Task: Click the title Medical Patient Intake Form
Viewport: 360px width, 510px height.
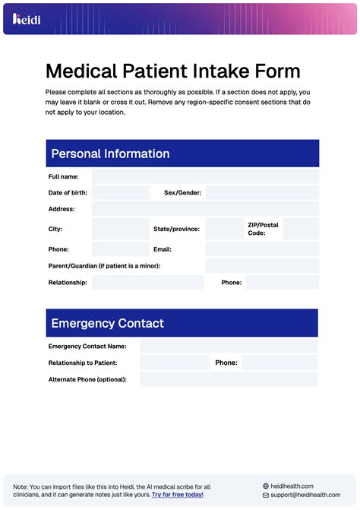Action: (x=172, y=71)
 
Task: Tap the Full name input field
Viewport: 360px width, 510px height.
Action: (x=205, y=176)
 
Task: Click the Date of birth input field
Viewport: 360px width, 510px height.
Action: (x=120, y=193)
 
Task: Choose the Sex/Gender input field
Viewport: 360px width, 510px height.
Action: (x=262, y=193)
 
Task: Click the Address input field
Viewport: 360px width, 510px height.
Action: (x=205, y=209)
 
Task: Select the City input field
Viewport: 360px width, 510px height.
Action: (x=120, y=229)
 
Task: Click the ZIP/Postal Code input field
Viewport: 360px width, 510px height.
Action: (x=301, y=229)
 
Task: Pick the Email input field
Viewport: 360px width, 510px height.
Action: (x=262, y=249)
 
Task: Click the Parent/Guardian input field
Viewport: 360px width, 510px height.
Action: (x=262, y=266)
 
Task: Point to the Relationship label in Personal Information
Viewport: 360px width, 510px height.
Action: (x=68, y=283)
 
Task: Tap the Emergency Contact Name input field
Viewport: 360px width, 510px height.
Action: (x=229, y=347)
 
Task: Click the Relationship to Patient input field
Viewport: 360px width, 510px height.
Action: (x=174, y=363)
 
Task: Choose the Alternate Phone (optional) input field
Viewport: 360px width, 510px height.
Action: (x=229, y=379)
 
